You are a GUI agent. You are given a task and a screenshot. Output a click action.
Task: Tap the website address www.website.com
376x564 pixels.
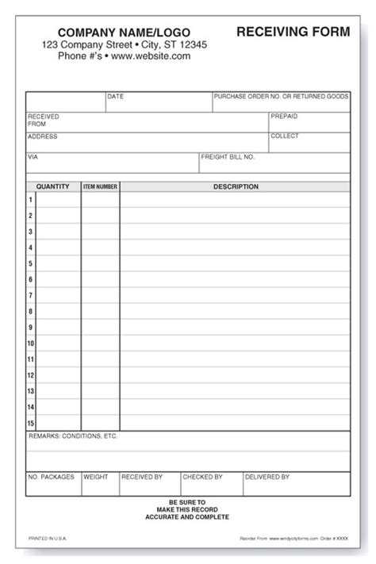(x=151, y=56)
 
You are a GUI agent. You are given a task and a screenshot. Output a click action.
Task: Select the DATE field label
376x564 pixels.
(x=116, y=97)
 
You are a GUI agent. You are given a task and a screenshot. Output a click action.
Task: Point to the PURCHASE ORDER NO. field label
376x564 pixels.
(x=282, y=97)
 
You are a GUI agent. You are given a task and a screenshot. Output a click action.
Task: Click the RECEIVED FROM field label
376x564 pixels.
(x=43, y=120)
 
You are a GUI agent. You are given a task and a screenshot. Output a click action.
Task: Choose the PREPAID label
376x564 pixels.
(x=284, y=116)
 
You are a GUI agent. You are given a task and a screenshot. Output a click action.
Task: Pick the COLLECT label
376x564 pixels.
(x=284, y=136)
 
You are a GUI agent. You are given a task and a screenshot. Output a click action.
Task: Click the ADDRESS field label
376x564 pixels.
(x=43, y=136)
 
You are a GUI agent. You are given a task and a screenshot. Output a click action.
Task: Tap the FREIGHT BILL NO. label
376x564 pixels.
(x=228, y=157)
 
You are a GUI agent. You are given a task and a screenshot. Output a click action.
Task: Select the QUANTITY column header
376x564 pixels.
(x=53, y=187)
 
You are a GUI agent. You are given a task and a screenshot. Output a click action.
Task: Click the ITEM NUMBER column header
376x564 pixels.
(x=100, y=187)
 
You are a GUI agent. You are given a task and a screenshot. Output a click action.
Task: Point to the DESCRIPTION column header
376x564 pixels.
(x=236, y=187)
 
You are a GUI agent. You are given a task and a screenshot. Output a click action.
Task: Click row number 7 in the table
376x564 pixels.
(x=31, y=296)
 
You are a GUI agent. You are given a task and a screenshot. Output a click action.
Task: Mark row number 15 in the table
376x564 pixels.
(x=31, y=423)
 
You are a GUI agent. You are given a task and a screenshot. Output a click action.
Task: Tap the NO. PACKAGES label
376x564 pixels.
(x=52, y=477)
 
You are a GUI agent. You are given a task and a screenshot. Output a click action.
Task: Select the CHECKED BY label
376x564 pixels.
(x=201, y=477)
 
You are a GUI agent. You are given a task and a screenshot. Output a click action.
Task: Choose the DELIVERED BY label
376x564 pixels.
(x=267, y=477)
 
